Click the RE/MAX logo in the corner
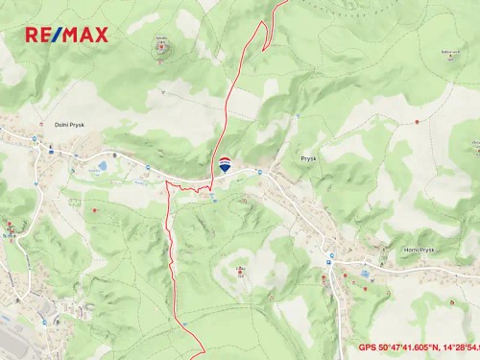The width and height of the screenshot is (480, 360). click(x=66, y=35)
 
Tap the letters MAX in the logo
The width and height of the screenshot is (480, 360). click(x=84, y=35)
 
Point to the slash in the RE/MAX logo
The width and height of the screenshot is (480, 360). click(x=57, y=35)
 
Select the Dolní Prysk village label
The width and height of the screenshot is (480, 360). click(x=69, y=124)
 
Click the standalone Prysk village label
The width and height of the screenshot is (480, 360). click(x=308, y=157)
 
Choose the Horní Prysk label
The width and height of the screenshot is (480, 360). click(x=420, y=250)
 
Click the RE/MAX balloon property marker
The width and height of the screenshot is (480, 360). click(x=225, y=164)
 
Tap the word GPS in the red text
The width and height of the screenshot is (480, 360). click(x=369, y=348)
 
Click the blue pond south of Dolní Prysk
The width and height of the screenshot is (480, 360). click(x=102, y=167)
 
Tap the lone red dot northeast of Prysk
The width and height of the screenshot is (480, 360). click(x=417, y=122)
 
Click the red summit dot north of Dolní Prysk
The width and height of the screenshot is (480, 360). click(x=160, y=47)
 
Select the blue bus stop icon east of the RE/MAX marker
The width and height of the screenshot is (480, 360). click(x=259, y=171)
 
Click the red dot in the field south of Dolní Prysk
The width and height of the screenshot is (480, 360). click(x=94, y=209)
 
